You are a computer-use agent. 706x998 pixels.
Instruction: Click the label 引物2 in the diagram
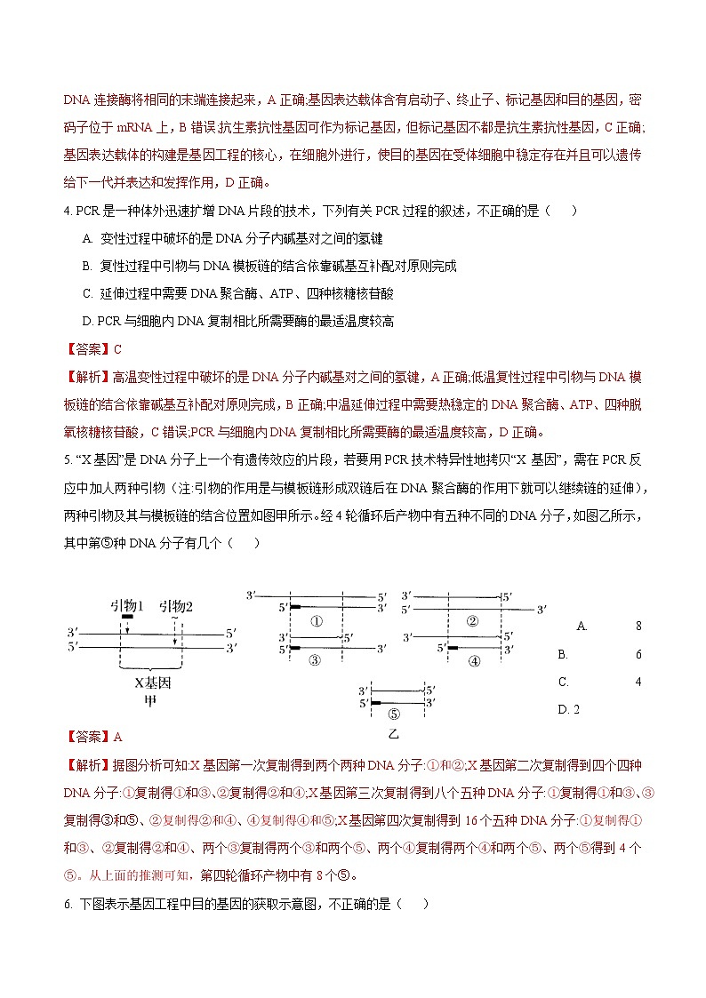[x=176, y=606]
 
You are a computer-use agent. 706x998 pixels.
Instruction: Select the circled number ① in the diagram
[x=316, y=621]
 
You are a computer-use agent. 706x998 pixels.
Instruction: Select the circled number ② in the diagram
[x=473, y=620]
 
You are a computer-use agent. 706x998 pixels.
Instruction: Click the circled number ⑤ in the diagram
[x=395, y=714]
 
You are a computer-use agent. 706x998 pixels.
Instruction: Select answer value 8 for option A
[x=638, y=626]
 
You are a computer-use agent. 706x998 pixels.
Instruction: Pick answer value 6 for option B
[x=638, y=654]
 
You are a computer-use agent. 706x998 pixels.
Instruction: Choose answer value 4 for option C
[x=638, y=682]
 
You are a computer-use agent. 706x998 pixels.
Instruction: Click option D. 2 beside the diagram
[x=569, y=709]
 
